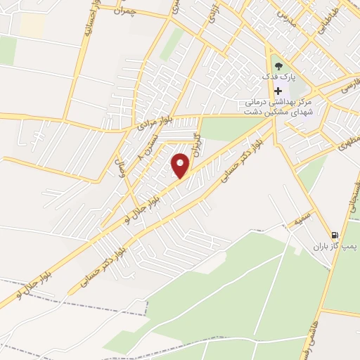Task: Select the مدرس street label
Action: pyautogui.click(x=286, y=15)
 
